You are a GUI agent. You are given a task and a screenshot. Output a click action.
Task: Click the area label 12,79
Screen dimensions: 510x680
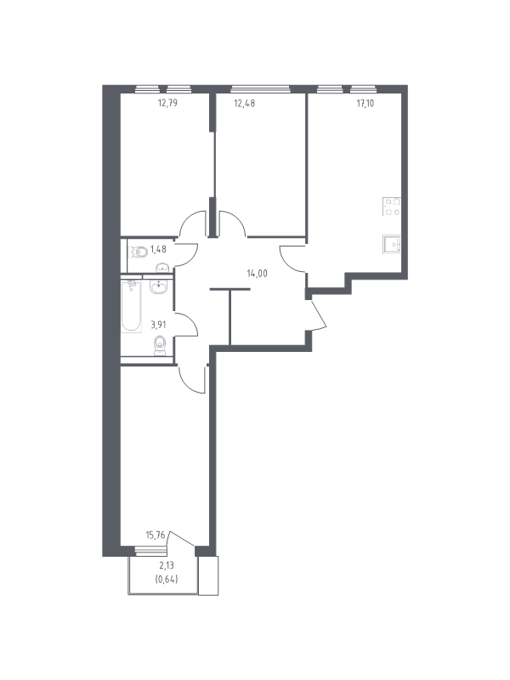pos(167,103)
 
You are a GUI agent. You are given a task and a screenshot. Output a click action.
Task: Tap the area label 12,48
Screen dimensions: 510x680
pos(244,103)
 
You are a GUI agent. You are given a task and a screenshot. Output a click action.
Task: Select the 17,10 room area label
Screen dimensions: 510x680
pos(365,103)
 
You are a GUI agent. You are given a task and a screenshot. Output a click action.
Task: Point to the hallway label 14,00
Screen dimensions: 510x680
pos(258,274)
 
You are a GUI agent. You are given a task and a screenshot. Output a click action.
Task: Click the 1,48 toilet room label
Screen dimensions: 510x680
pos(158,249)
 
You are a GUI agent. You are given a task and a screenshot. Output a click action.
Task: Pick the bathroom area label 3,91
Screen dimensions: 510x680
pos(159,324)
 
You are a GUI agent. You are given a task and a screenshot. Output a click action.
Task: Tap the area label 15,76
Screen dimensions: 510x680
pos(156,535)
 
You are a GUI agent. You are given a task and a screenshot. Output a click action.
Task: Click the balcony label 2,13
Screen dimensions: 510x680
pos(166,565)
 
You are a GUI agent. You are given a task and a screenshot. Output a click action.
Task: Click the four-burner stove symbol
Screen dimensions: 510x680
pos(392,207)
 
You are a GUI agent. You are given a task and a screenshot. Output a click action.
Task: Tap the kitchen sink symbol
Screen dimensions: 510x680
pos(392,244)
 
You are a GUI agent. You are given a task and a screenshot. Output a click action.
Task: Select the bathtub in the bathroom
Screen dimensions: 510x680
pos(131,307)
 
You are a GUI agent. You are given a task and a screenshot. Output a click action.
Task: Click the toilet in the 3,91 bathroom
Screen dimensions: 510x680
pos(160,346)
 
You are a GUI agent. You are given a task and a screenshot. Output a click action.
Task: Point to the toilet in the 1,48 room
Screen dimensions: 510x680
pos(139,252)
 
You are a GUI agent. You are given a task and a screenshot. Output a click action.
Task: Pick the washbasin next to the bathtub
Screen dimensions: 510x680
pos(159,286)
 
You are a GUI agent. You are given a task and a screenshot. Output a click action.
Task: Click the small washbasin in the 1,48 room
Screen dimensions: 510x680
pos(162,267)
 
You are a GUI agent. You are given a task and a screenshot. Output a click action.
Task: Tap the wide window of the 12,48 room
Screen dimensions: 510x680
pos(260,89)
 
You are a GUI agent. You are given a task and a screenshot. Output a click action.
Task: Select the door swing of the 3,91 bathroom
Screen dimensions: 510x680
pos(185,324)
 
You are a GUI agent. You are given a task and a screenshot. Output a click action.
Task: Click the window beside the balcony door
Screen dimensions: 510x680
pos(151,551)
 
